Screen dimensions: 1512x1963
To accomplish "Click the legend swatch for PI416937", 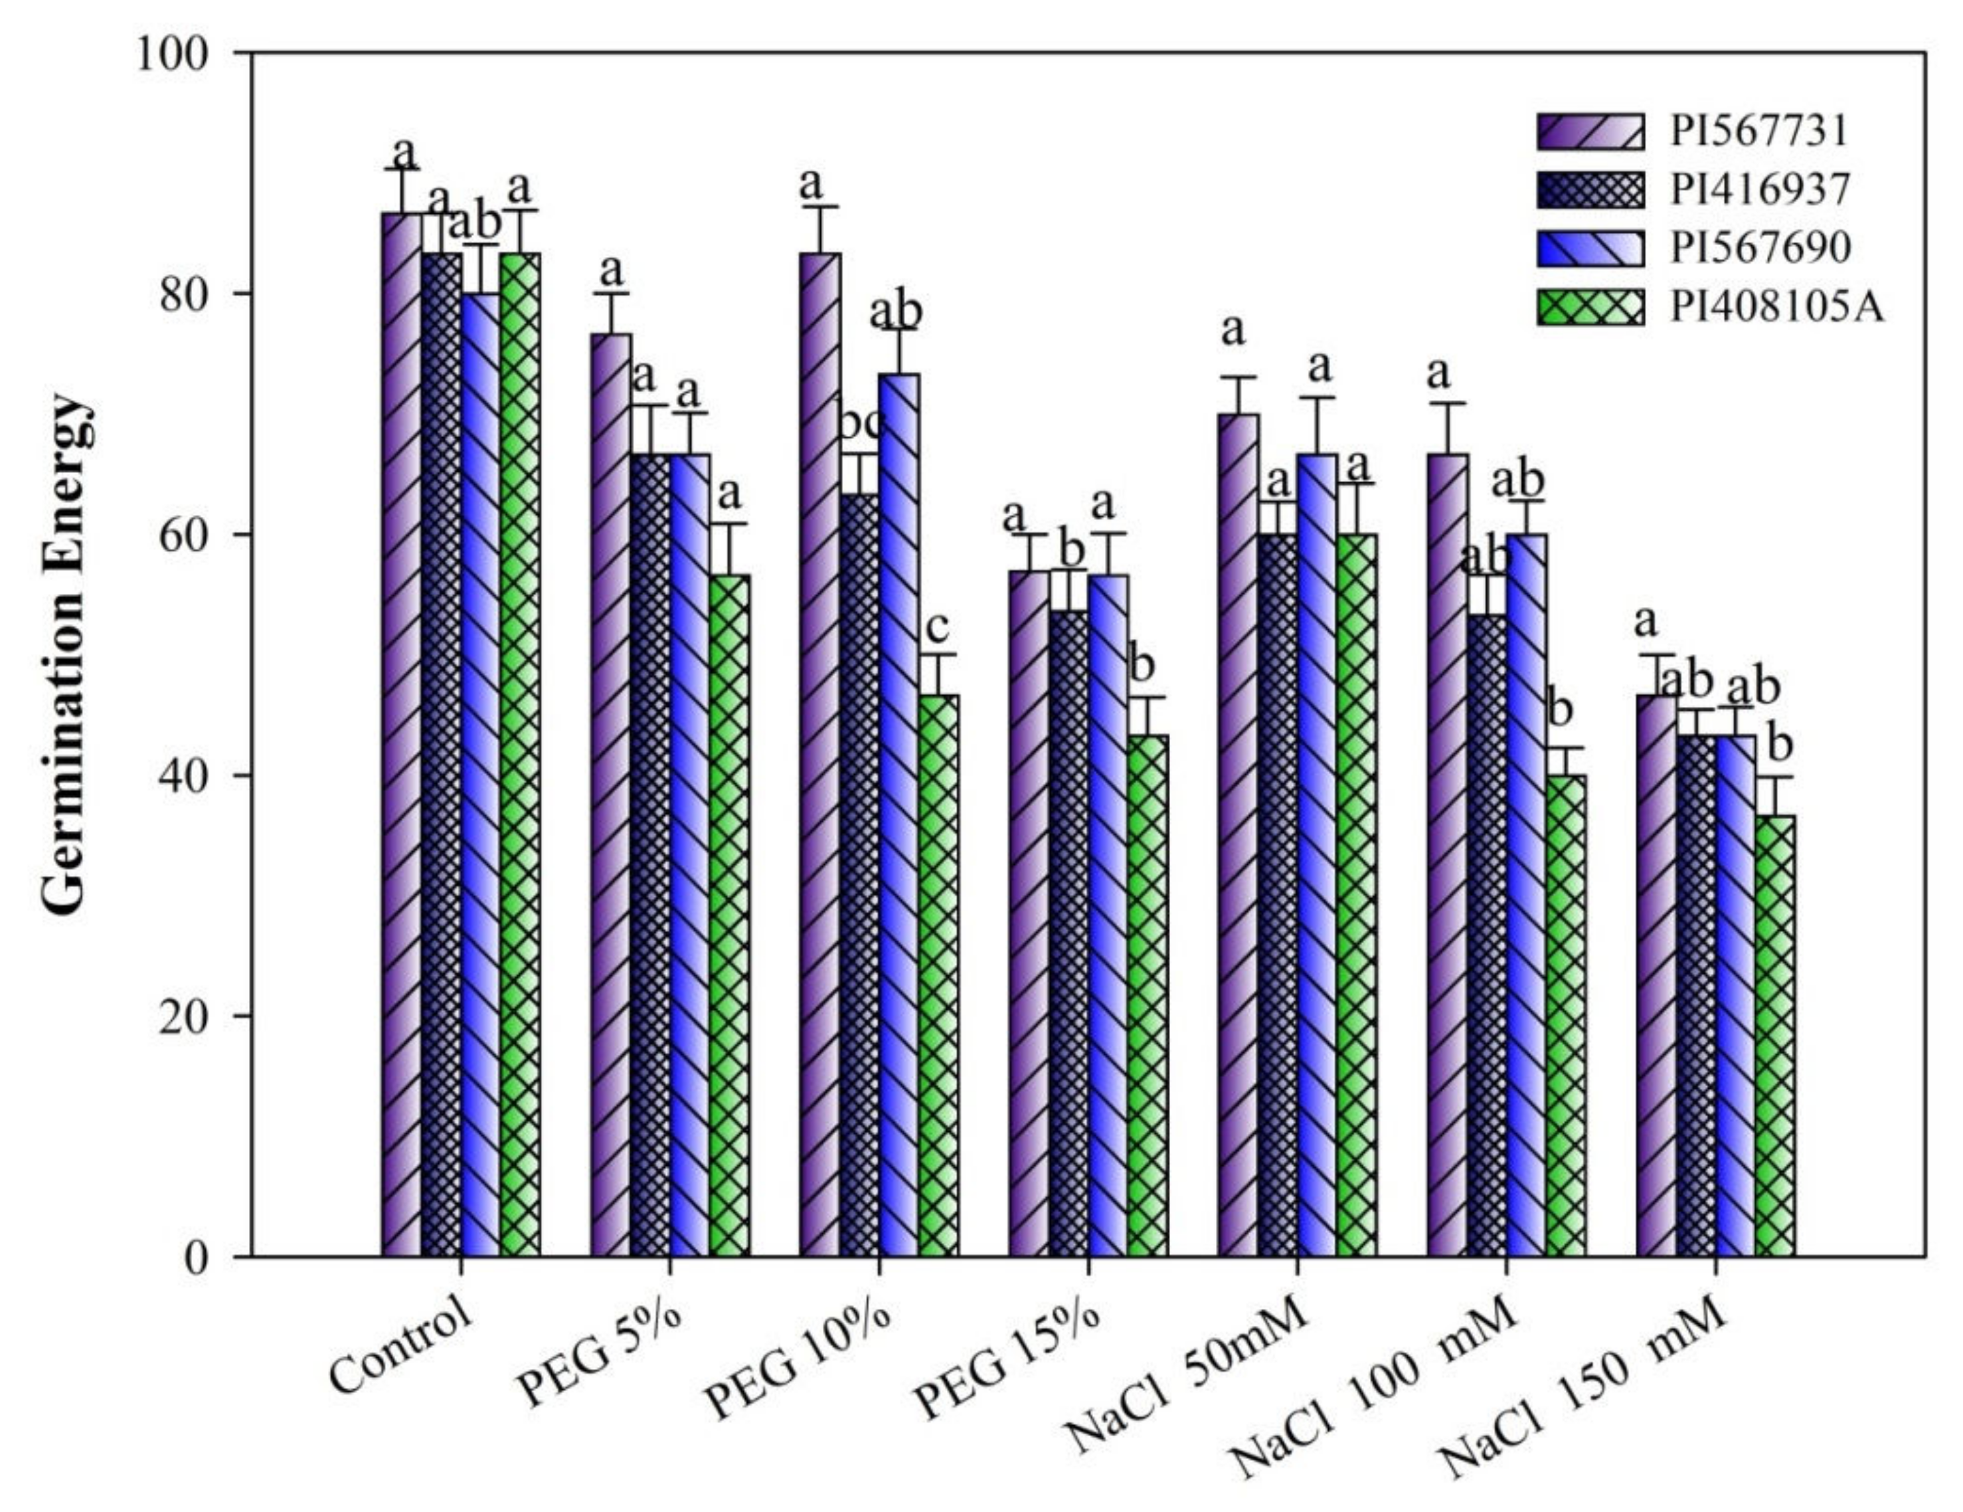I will tap(1590, 190).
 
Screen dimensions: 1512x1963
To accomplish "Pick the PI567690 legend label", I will tap(1760, 248).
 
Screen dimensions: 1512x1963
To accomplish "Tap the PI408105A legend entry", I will tap(1776, 308).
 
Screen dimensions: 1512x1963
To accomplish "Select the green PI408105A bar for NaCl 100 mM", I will tap(1567, 1016).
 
